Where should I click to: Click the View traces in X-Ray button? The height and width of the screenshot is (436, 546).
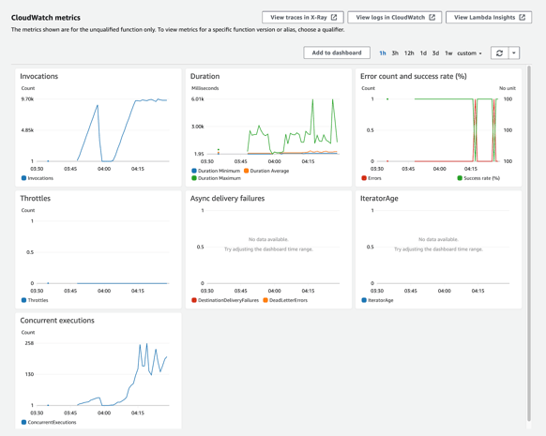click(x=303, y=17)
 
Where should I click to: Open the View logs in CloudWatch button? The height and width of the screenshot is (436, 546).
click(x=395, y=17)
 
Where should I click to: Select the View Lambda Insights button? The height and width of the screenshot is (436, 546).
click(x=487, y=17)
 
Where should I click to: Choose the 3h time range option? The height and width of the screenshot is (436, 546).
click(x=395, y=53)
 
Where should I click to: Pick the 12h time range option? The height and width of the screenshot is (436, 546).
click(x=409, y=53)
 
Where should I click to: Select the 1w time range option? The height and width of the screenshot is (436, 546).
click(x=448, y=53)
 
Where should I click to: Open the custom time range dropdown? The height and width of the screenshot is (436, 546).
click(x=469, y=53)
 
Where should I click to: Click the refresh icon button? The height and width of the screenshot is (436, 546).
click(x=499, y=53)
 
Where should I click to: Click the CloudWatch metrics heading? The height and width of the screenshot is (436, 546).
click(x=46, y=18)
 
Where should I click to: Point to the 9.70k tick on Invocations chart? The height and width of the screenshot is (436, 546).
click(x=27, y=99)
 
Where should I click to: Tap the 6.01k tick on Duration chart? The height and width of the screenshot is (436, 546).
click(x=198, y=99)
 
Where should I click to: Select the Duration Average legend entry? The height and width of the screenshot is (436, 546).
click(x=269, y=171)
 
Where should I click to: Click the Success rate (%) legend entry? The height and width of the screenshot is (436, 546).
click(x=481, y=178)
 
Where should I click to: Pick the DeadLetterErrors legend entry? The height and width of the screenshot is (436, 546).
click(x=287, y=300)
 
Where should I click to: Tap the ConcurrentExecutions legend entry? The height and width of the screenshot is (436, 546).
click(x=53, y=422)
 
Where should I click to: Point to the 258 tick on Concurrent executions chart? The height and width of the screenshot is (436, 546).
click(x=28, y=343)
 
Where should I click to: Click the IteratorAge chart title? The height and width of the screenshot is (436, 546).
click(x=380, y=199)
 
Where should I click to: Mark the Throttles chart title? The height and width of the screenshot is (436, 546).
click(x=36, y=199)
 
